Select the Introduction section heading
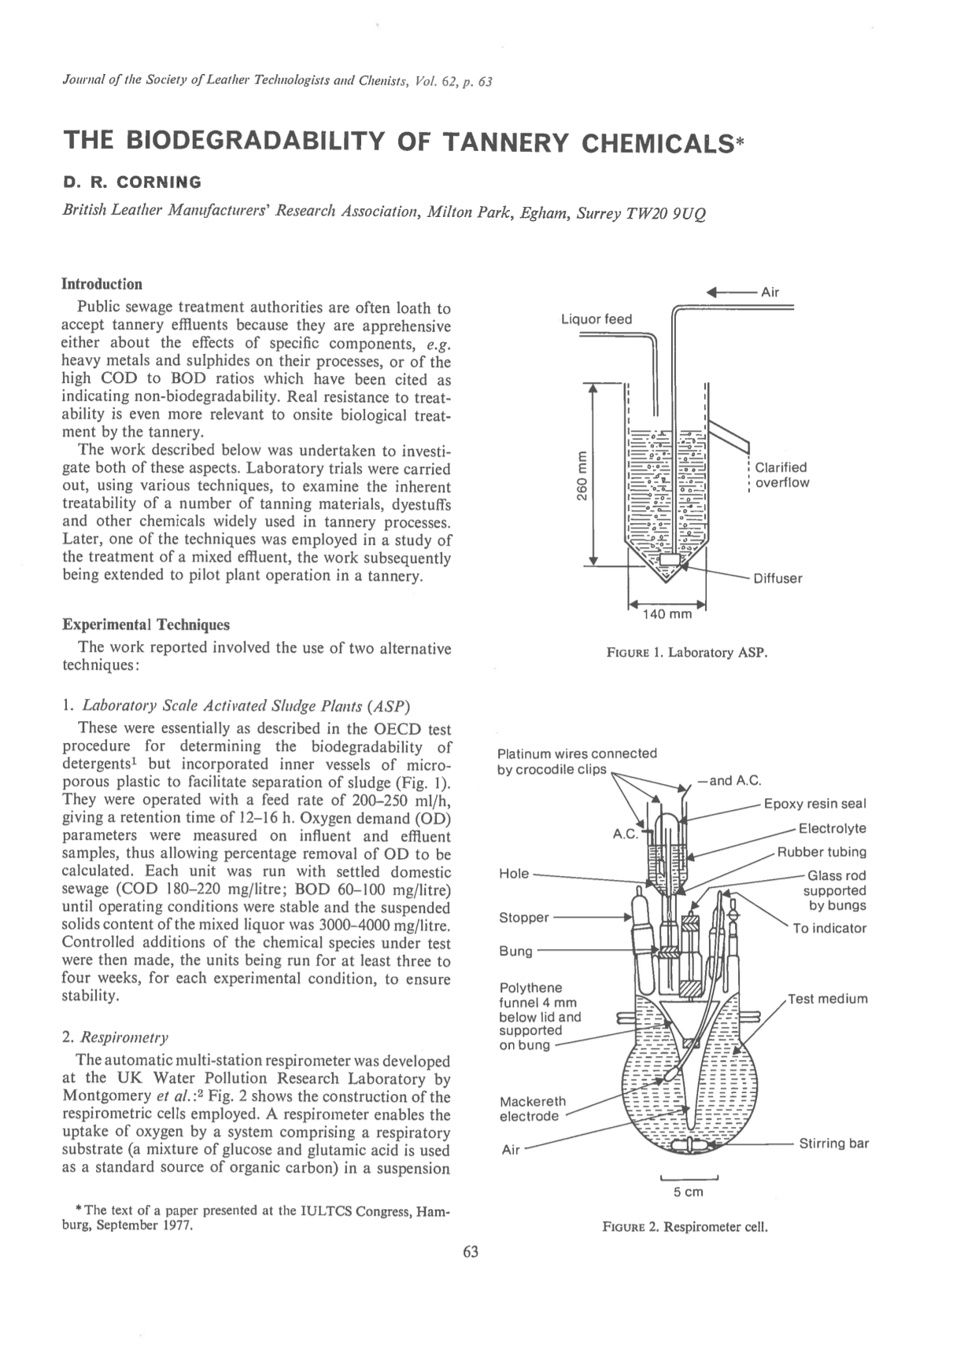click(102, 284)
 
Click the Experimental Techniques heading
click(146, 624)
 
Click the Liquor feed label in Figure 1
click(596, 318)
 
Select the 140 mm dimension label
click(667, 613)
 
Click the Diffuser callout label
click(778, 579)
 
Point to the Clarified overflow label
click(781, 475)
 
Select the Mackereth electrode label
click(533, 1108)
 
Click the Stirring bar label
click(833, 1143)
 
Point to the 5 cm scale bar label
click(688, 1192)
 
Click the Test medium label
click(828, 999)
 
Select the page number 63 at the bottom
click(471, 1252)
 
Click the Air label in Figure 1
click(770, 292)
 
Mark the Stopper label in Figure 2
click(524, 918)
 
